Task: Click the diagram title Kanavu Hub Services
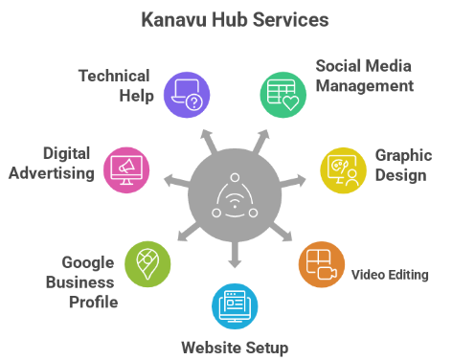click(237, 19)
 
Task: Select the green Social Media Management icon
click(283, 93)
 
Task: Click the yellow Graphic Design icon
click(343, 169)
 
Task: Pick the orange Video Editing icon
click(322, 266)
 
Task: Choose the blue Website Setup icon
click(235, 307)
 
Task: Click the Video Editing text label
click(390, 276)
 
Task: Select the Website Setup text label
click(235, 347)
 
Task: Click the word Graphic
click(404, 154)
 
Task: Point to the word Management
click(365, 86)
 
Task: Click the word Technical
click(114, 75)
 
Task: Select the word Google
click(88, 261)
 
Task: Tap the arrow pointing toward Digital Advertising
click(171, 179)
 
